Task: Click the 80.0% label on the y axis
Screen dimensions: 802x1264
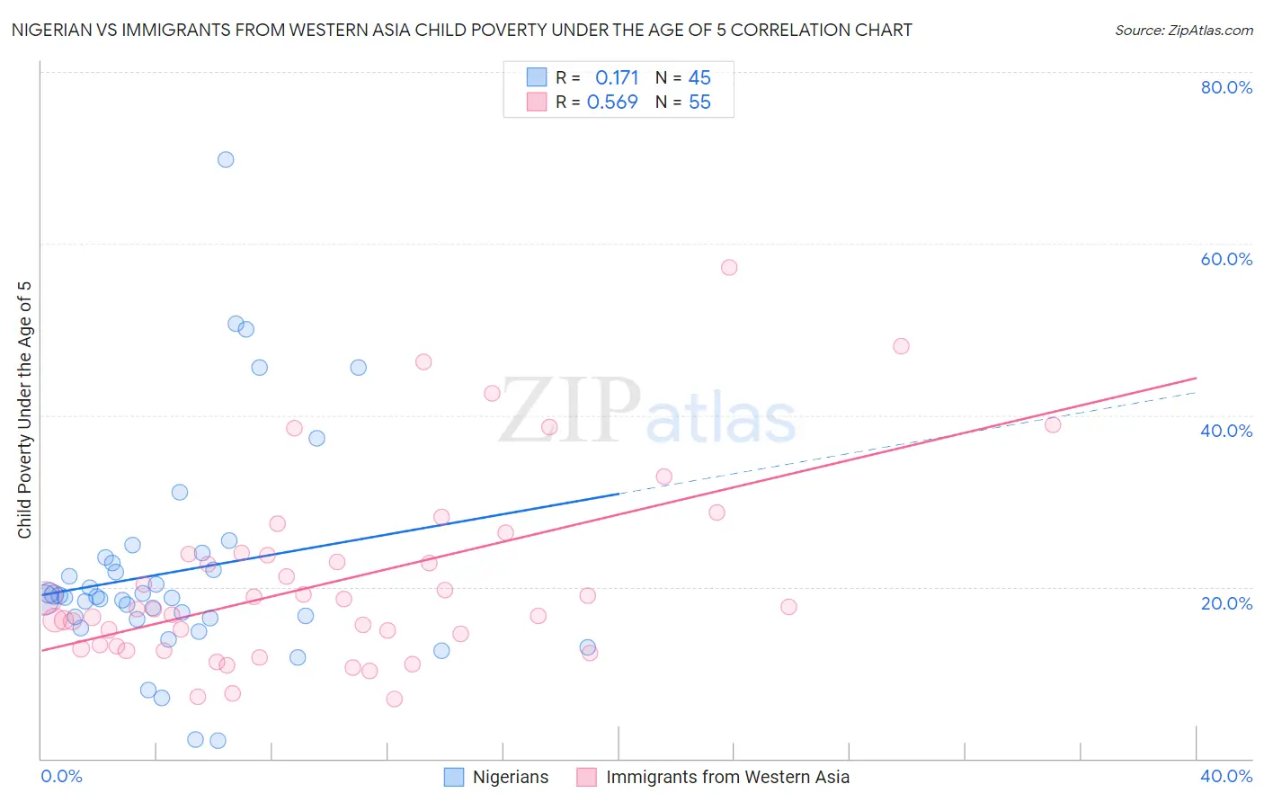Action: pos(1226,87)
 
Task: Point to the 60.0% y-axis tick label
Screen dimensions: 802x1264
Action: pos(1226,259)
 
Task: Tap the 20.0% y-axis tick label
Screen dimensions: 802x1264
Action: pos(1226,603)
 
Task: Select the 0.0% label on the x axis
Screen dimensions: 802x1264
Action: pos(61,776)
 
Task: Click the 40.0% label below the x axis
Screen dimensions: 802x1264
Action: pos(1226,776)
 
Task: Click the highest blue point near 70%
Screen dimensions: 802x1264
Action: pos(226,159)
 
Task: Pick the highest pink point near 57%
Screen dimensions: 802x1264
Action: pos(729,267)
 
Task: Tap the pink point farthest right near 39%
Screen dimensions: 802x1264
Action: pos(1053,424)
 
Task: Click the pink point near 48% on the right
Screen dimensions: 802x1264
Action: pos(901,346)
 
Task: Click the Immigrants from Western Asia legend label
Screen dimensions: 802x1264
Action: pos(727,778)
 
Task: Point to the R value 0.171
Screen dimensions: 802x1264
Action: pos(617,78)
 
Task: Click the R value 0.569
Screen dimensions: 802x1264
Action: pos(612,102)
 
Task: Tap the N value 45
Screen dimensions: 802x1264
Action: pos(699,78)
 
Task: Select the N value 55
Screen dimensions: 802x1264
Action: pos(699,102)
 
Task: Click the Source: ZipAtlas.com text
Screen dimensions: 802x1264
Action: pos(1183,31)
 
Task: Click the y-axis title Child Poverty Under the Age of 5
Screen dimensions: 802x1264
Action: pos(25,410)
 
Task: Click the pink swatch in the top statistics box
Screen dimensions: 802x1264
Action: pos(537,102)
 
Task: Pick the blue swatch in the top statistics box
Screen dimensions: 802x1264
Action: pos(537,77)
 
